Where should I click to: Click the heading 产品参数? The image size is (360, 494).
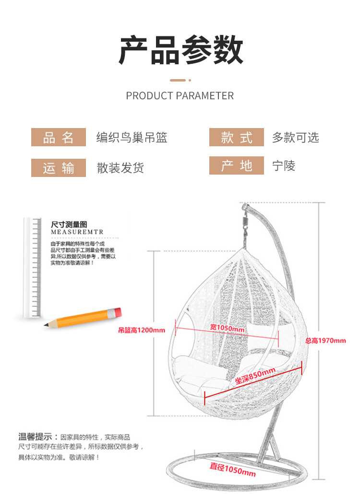click(x=180, y=50)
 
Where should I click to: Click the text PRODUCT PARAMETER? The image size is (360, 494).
click(x=180, y=96)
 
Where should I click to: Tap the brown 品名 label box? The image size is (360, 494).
click(x=59, y=138)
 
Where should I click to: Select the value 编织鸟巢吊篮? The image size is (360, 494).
click(x=132, y=138)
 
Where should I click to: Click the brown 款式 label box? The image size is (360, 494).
click(x=237, y=138)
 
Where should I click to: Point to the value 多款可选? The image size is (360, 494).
click(x=296, y=138)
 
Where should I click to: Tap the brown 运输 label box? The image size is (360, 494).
click(x=59, y=168)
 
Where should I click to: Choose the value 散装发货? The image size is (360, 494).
click(x=120, y=168)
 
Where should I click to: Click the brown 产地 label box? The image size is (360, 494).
click(x=237, y=166)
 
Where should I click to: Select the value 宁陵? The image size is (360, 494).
click(x=284, y=166)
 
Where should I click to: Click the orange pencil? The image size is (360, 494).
click(x=82, y=318)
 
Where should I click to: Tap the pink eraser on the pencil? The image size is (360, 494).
click(x=115, y=312)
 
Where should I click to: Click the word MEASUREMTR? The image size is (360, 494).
click(x=77, y=232)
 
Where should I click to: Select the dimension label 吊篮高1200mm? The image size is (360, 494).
click(x=142, y=330)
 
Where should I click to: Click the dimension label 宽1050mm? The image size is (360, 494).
click(x=227, y=328)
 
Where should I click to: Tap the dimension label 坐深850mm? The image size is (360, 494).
click(x=255, y=376)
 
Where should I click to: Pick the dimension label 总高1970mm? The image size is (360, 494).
click(x=325, y=341)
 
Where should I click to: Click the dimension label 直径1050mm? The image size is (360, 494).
click(x=233, y=470)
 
